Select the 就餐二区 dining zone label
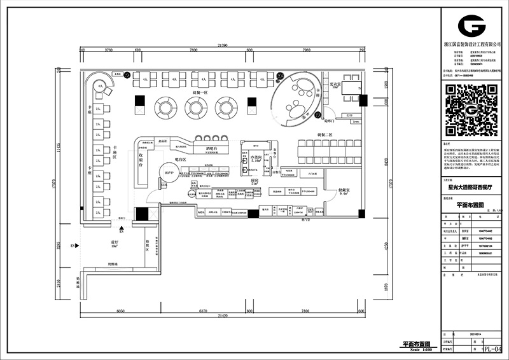pyautogui.click(x=325, y=135)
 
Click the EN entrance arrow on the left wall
pyautogui.click(x=74, y=245)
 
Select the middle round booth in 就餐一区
pyautogui.click(x=197, y=107)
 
